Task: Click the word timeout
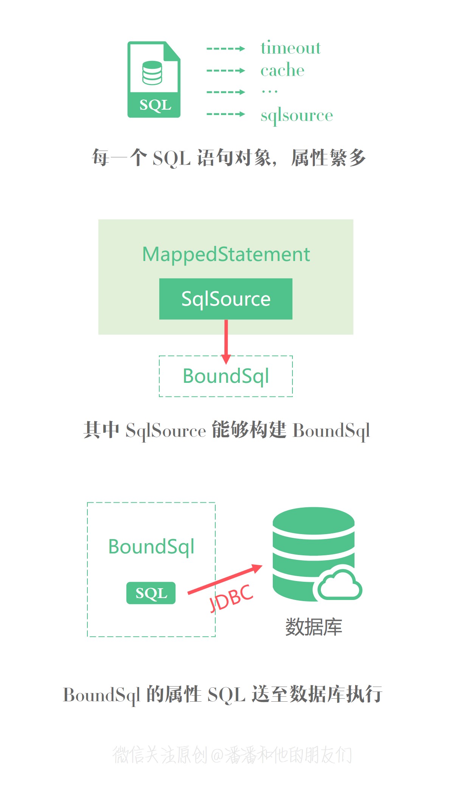291,48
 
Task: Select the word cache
282,70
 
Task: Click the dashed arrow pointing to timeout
225,48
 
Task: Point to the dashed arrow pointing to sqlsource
225,114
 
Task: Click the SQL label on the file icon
155,105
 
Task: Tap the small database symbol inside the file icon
152,73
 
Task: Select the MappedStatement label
226,254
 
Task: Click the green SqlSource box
226,299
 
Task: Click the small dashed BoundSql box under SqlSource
226,376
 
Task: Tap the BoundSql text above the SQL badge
151,547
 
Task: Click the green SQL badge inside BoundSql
151,593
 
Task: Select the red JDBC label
231,598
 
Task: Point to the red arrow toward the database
225,579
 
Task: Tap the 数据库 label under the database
314,627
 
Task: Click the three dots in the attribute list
270,92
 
